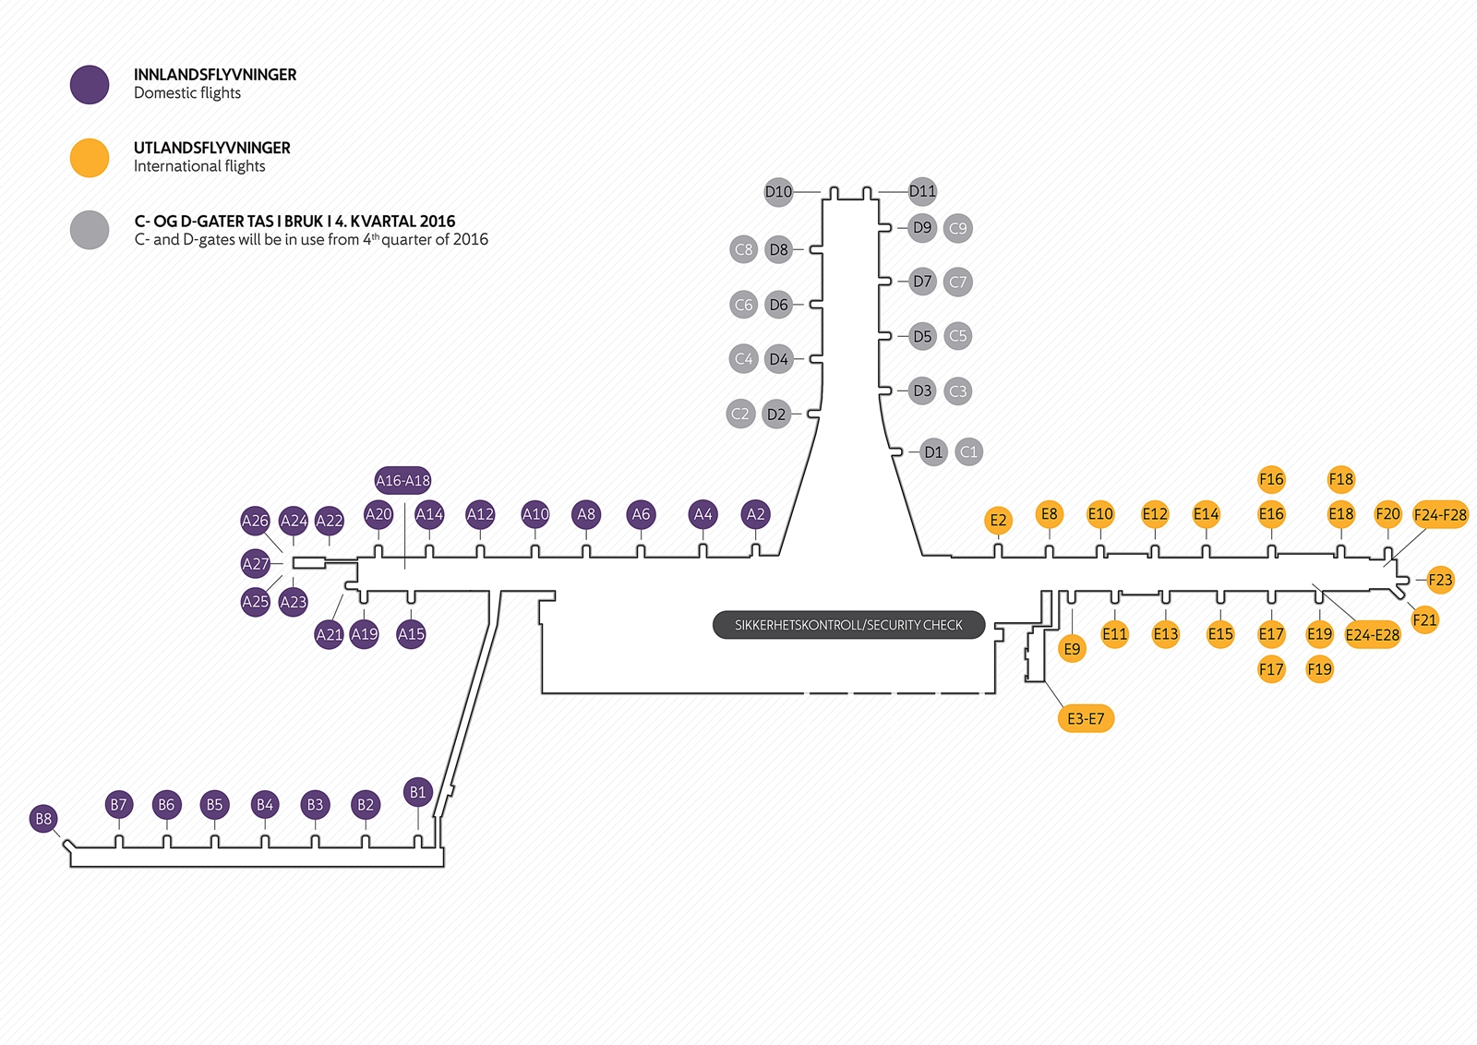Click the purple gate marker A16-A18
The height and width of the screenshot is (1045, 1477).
coord(402,480)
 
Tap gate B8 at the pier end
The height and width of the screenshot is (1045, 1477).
coord(43,819)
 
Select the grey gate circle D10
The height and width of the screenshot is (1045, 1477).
coord(778,192)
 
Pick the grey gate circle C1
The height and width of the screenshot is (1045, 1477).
coord(968,451)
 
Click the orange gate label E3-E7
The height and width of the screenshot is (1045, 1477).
coord(1086,718)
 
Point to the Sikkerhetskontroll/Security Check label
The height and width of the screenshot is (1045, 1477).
coord(848,625)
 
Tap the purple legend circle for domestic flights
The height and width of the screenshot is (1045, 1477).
coord(90,84)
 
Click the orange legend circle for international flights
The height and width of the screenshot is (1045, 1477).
coord(90,157)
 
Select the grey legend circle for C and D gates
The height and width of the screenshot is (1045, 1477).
coord(90,230)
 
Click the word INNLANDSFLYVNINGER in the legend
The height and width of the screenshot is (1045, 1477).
coord(215,75)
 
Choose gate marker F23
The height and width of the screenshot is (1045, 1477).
coord(1440,580)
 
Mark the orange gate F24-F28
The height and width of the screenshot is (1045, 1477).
coord(1440,514)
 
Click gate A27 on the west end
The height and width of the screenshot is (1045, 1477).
coord(255,563)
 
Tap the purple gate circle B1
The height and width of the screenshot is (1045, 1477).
coord(417,792)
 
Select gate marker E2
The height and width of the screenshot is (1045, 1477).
coord(998,521)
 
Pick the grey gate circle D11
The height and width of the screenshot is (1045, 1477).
coord(922,191)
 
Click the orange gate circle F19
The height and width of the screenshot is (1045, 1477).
coord(1319,669)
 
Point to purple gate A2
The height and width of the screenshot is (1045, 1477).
coord(755,514)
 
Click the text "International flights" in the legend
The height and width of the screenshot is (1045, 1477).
coord(199,166)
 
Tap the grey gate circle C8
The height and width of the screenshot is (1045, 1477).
coord(743,249)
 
